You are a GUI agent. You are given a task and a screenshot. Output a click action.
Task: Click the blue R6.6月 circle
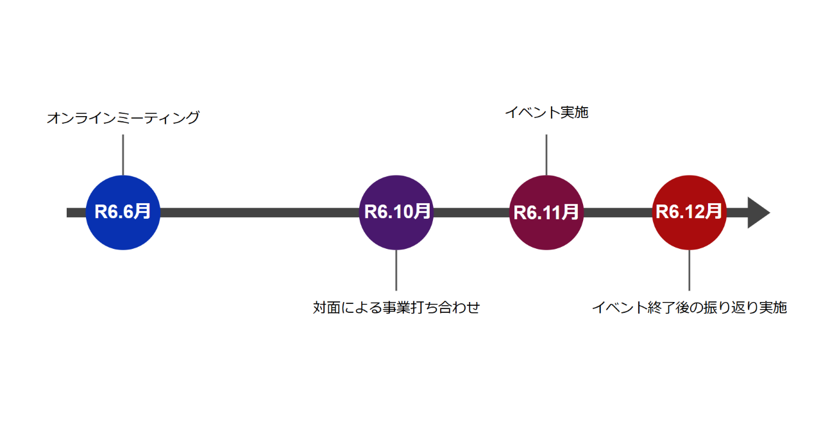pyautogui.click(x=123, y=213)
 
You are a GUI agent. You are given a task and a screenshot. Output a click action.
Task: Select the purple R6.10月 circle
pyautogui.click(x=396, y=213)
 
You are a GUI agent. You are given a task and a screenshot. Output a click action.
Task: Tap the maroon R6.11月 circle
pyautogui.click(x=546, y=213)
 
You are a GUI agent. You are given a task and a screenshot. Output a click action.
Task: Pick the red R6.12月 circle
pyautogui.click(x=690, y=213)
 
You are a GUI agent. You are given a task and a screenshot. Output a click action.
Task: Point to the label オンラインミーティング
pyautogui.click(x=123, y=118)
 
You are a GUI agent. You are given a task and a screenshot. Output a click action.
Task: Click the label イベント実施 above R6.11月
pyautogui.click(x=546, y=112)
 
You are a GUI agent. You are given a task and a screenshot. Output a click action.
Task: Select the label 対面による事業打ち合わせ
pyautogui.click(x=396, y=307)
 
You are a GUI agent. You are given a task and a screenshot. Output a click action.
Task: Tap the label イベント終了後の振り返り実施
pyautogui.click(x=690, y=307)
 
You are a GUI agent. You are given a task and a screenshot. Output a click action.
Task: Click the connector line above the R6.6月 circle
pyautogui.click(x=123, y=155)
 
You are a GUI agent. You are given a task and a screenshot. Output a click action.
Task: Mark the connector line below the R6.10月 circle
pyautogui.click(x=396, y=271)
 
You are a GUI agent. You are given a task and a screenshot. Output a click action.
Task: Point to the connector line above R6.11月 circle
pyautogui.click(x=546, y=155)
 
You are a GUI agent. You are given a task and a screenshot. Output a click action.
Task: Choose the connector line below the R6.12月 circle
pyautogui.click(x=690, y=271)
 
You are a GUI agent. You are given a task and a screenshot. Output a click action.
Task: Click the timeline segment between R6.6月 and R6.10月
pyautogui.click(x=260, y=213)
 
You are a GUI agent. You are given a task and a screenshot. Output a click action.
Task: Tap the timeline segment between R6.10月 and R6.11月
pyautogui.click(x=471, y=213)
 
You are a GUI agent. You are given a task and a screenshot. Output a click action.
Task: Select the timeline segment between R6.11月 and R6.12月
pyautogui.click(x=618, y=213)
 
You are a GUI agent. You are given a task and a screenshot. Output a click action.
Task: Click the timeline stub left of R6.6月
pyautogui.click(x=76, y=213)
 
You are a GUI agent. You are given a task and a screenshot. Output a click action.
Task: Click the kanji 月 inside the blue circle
pyautogui.click(x=142, y=212)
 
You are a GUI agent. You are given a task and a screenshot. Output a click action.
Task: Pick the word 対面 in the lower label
pyautogui.click(x=326, y=307)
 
